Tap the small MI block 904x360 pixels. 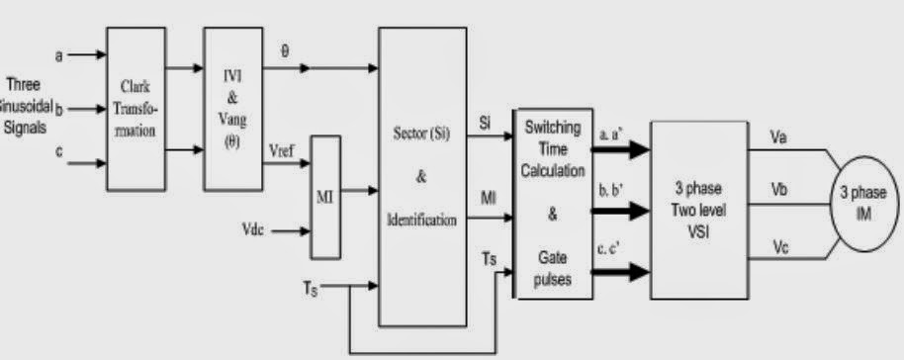coord(324,195)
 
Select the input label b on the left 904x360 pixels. coord(59,107)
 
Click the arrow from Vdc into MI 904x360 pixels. coord(291,232)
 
